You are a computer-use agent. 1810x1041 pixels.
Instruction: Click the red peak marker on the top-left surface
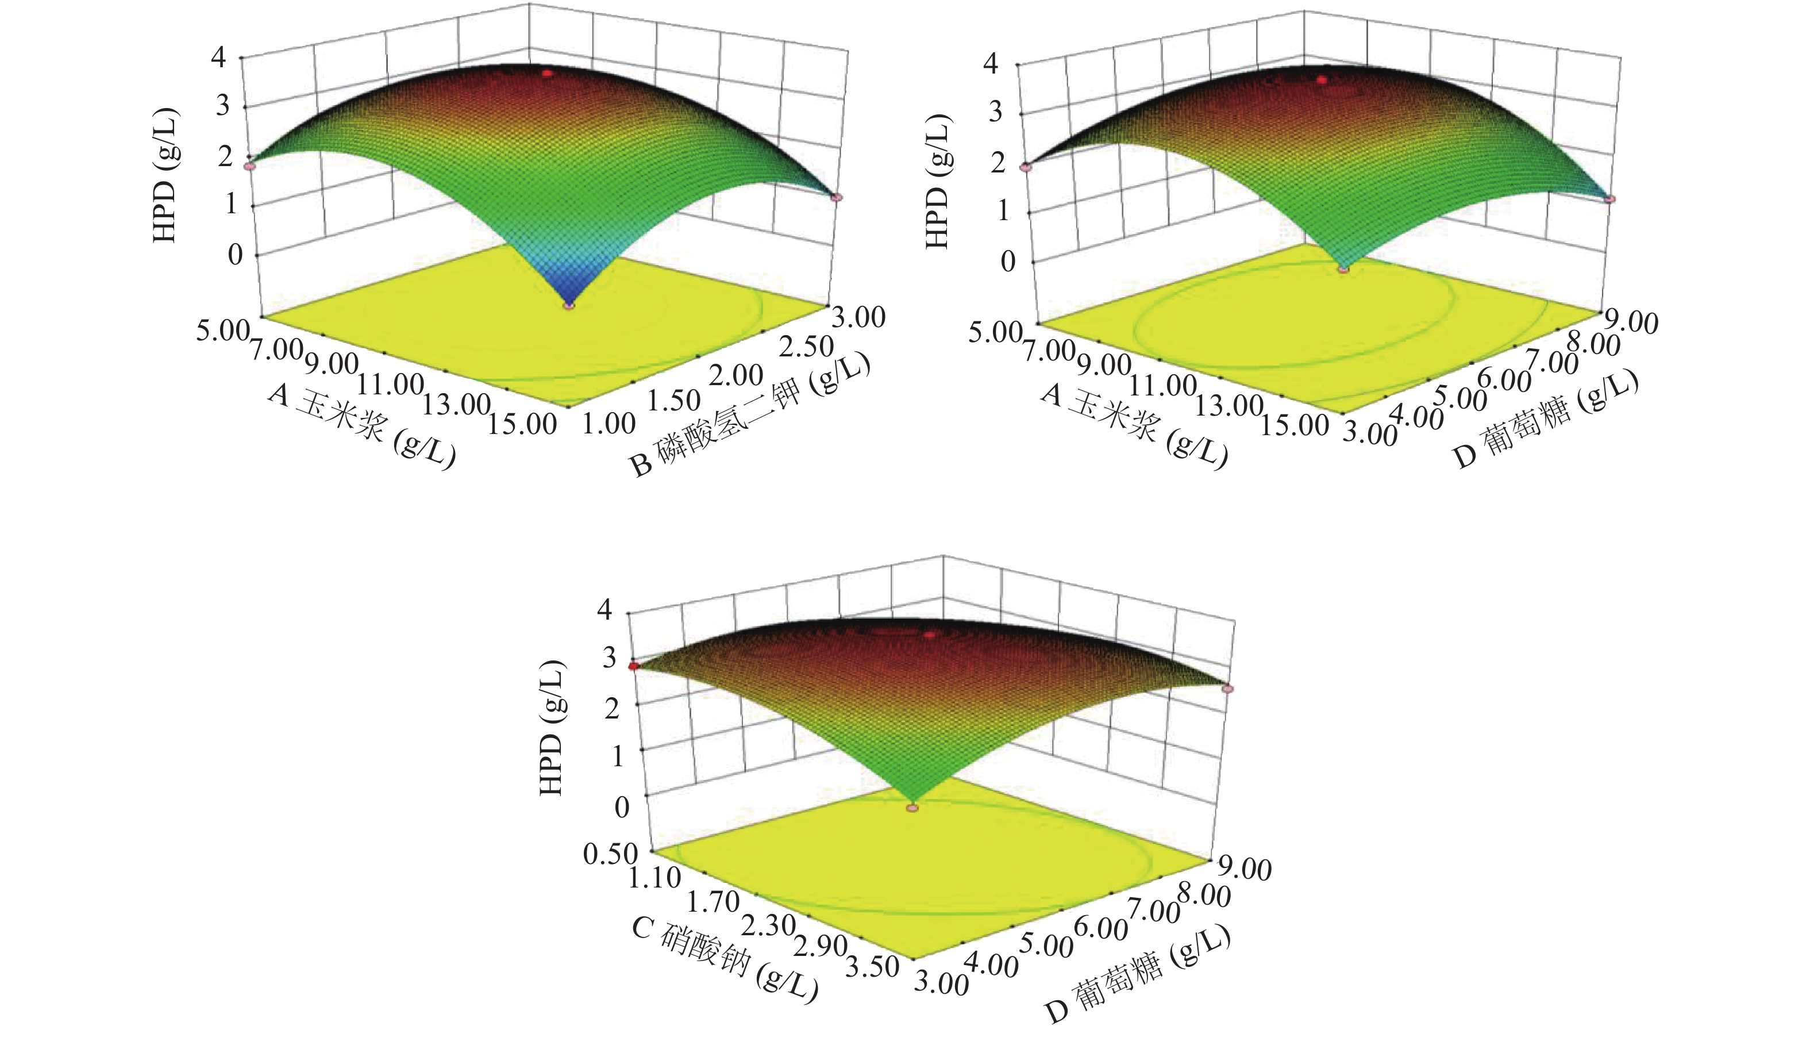click(548, 73)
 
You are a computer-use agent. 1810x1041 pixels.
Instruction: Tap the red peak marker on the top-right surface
click(1322, 80)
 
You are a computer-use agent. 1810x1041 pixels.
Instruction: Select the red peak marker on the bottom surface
click(930, 634)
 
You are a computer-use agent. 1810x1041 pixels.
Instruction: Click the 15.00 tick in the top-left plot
click(522, 424)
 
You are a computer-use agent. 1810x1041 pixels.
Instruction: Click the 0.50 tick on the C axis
click(610, 853)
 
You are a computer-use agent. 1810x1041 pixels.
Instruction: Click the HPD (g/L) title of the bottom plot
click(552, 728)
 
